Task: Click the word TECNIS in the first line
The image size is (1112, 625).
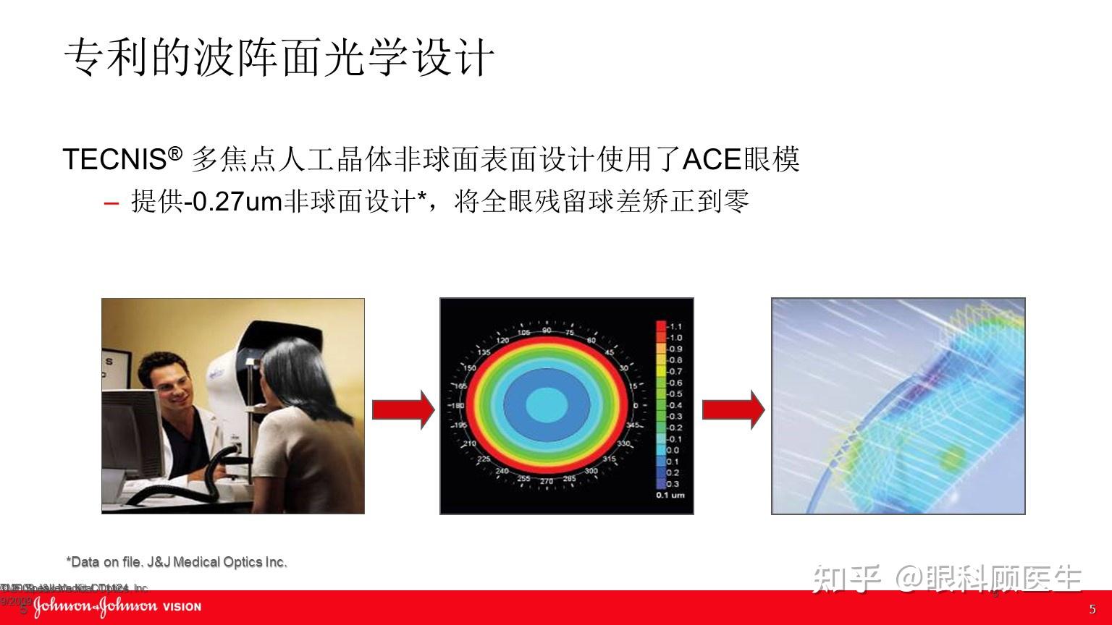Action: (x=114, y=159)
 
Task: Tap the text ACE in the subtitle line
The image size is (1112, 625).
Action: (x=712, y=159)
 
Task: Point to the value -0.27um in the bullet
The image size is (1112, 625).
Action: (x=232, y=201)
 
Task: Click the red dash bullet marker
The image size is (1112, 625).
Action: (x=111, y=203)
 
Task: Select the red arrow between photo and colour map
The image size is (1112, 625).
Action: (x=403, y=409)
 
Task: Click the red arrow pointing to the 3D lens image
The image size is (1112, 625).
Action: (x=733, y=409)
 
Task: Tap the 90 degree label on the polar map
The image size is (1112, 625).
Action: (x=547, y=331)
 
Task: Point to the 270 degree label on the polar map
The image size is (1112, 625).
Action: (x=547, y=481)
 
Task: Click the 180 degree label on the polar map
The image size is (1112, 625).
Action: (x=457, y=406)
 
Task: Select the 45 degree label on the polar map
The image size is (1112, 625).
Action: (x=609, y=353)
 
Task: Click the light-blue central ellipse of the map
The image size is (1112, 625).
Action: (x=547, y=405)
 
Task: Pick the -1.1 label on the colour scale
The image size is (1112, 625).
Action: (x=674, y=327)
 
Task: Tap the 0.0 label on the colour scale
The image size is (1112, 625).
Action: (x=673, y=450)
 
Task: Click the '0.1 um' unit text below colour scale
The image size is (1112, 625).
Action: (x=670, y=496)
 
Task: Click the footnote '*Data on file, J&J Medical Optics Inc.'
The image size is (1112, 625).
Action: (x=177, y=562)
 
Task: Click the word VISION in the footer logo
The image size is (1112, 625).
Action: (x=182, y=607)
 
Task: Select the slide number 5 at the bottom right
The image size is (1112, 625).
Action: (x=1092, y=609)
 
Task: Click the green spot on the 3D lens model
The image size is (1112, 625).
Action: (x=952, y=456)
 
